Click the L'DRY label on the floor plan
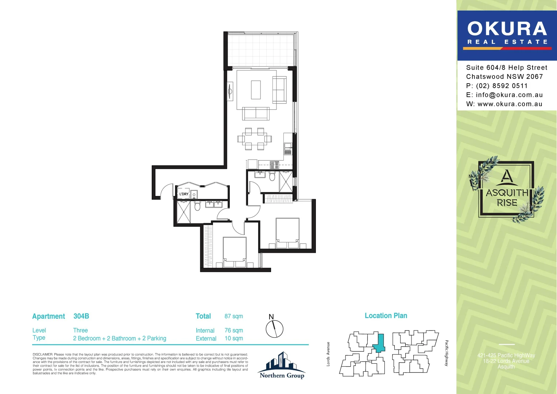coord(184,194)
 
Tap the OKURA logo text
coord(507,29)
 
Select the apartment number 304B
coord(81,316)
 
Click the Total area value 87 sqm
coord(233,316)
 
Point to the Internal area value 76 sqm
coord(233,330)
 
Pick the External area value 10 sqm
coord(233,338)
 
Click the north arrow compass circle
coord(274,329)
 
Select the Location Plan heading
coord(386,316)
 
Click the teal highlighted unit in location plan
coord(379,343)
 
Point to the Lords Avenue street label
coord(328,354)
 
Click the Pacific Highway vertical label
coord(446,353)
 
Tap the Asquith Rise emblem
coord(507,190)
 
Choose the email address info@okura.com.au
coord(509,95)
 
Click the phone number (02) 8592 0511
coord(502,86)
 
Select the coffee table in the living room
coord(256,90)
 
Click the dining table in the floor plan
coord(255,139)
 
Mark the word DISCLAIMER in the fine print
coord(43,354)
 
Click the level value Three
coord(80,330)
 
